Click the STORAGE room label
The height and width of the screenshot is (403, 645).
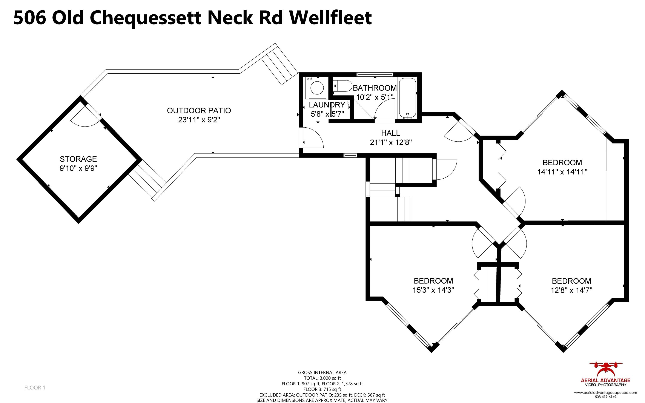point(78,159)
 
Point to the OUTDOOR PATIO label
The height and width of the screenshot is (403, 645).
point(199,111)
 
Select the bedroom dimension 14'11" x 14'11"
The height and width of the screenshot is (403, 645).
point(562,172)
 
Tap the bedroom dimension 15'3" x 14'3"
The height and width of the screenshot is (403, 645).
point(433,290)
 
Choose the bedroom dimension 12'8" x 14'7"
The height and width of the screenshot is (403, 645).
point(571,290)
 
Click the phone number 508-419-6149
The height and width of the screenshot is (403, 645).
point(605,397)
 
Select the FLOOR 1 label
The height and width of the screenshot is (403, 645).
point(35,388)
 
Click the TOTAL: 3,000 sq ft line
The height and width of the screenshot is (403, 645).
point(322,378)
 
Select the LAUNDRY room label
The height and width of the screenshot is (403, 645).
point(327,105)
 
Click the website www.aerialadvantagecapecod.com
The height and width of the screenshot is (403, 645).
point(605,392)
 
